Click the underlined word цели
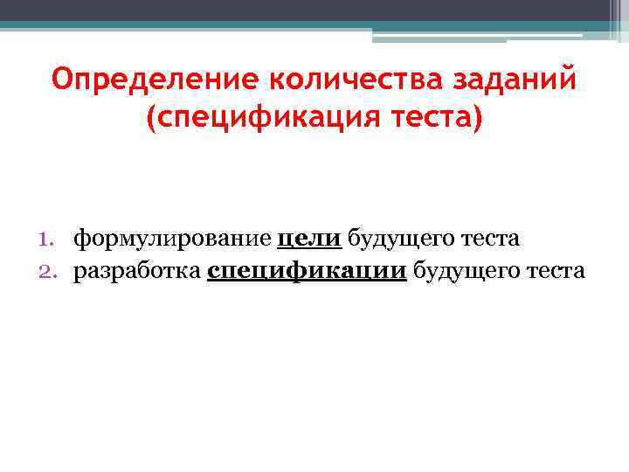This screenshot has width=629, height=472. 308,238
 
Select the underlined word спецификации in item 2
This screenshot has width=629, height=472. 307,271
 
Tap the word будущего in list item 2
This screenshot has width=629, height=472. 469,271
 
